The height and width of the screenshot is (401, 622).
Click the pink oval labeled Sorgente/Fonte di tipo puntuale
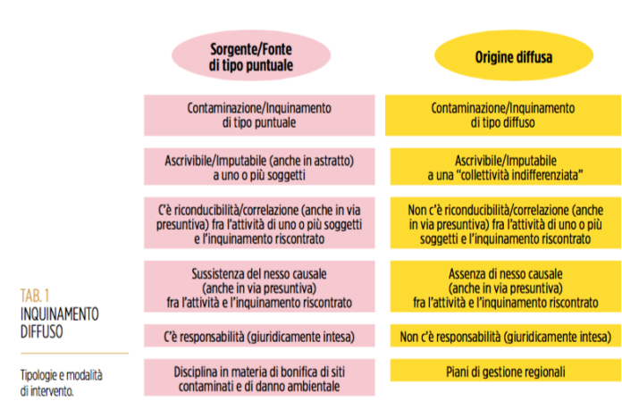coord(251,55)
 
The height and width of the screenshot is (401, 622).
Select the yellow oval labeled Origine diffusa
coord(514,55)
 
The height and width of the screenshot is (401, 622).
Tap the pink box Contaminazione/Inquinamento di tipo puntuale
coord(259,115)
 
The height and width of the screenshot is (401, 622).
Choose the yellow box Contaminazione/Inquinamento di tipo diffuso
coord(503,115)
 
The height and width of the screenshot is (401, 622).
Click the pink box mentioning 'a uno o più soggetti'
coord(259,166)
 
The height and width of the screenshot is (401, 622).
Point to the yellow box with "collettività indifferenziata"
coord(506,166)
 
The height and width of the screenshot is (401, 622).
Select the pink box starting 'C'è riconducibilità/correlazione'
coord(259,222)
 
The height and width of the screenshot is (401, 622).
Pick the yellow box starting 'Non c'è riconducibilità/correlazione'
coord(506,222)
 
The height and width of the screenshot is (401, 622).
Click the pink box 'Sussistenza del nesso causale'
coord(259,287)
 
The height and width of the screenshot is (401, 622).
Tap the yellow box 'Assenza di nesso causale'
coord(506,287)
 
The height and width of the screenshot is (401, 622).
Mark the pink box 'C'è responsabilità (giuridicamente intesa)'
coord(259,336)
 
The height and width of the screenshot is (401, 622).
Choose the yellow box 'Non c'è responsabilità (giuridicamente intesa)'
coord(506,336)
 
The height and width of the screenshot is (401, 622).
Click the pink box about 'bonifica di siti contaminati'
coord(259,378)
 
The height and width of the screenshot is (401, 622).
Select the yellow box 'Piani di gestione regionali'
coord(506,371)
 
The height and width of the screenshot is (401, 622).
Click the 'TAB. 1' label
coord(35,296)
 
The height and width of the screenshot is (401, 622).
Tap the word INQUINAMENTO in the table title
coord(60,314)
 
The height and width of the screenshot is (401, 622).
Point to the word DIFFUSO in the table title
coord(42,331)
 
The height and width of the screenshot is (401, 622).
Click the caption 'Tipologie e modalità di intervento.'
coord(62,383)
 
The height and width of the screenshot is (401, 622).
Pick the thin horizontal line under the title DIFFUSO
coord(74,353)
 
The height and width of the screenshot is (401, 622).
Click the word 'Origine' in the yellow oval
coord(494,57)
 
